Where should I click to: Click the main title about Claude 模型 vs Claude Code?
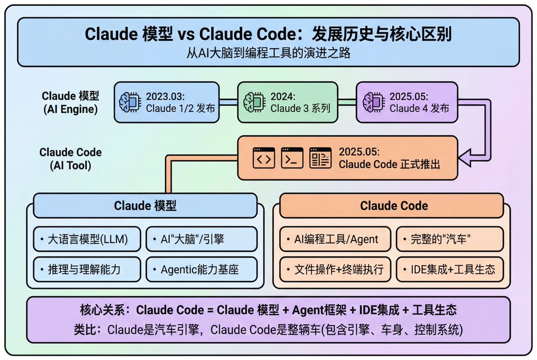click(x=268, y=34)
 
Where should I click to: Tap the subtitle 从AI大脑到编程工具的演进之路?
click(x=268, y=53)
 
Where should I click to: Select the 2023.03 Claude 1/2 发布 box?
click(x=166, y=102)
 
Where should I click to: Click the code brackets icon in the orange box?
click(x=264, y=158)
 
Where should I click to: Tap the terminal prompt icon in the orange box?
click(x=292, y=158)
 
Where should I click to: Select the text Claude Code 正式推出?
click(x=389, y=164)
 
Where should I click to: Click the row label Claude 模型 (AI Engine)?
click(x=71, y=102)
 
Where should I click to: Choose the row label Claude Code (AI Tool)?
click(x=71, y=158)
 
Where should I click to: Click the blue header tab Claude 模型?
click(x=145, y=206)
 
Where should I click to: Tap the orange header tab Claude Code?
click(x=394, y=206)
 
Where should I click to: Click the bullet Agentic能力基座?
click(x=201, y=270)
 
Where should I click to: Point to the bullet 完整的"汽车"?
click(x=450, y=239)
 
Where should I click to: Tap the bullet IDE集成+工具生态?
click(x=450, y=270)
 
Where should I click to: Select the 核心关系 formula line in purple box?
click(x=268, y=310)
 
